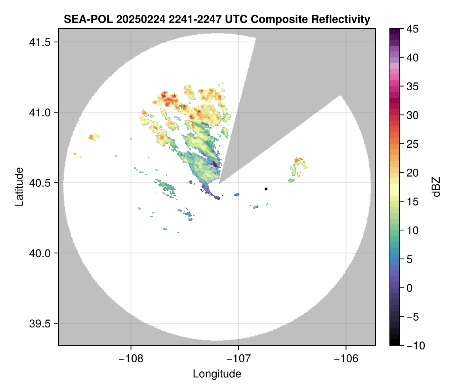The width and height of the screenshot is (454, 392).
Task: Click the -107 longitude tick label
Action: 238,359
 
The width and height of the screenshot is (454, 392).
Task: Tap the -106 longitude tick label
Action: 346,359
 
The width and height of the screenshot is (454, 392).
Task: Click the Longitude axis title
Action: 217,374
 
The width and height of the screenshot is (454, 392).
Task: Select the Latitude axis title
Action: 19,186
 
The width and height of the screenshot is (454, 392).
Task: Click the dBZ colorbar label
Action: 436,187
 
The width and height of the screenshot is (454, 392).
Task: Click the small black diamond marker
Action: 266,189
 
